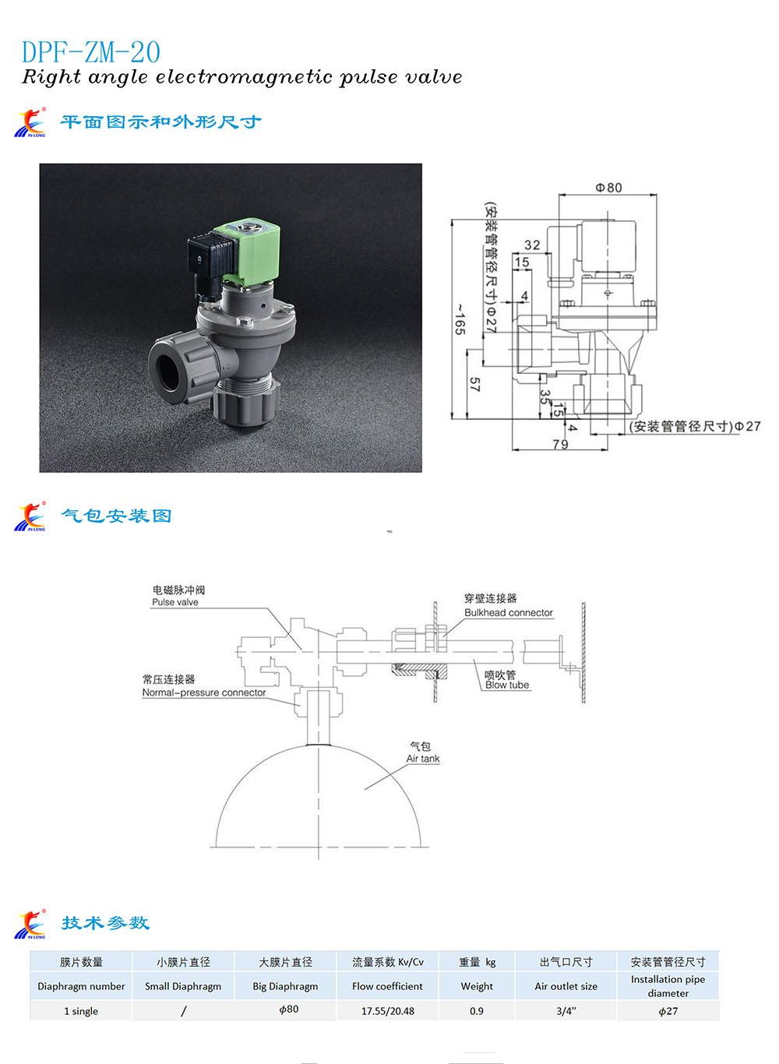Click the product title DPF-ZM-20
(91, 53)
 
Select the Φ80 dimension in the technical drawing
(608, 188)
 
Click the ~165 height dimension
(460, 319)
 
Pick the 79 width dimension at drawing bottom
(559, 444)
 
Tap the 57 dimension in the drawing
(474, 384)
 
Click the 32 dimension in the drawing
(532, 245)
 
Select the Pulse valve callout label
(175, 602)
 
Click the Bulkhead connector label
(508, 613)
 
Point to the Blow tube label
(507, 685)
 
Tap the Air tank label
(422, 759)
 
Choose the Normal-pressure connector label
(204, 692)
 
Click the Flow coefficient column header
(387, 986)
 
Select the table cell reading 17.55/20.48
(387, 1011)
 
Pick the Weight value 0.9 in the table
(476, 1011)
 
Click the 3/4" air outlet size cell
(566, 1011)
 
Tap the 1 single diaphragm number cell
(81, 1011)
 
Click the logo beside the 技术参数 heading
(30, 925)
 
